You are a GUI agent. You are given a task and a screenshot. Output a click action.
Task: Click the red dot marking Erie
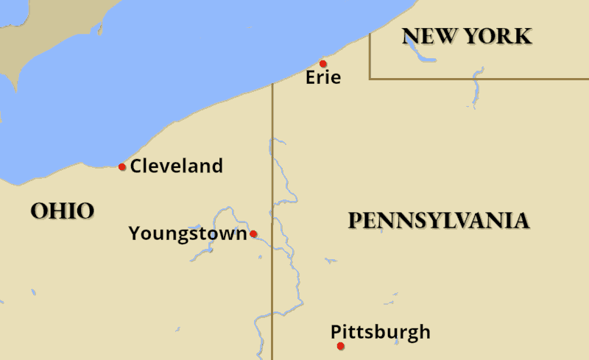(x=322, y=64)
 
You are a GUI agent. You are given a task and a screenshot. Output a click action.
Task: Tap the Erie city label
(x=323, y=77)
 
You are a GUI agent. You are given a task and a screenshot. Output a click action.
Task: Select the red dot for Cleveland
(x=122, y=167)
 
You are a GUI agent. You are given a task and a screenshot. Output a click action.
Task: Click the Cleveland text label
(x=176, y=166)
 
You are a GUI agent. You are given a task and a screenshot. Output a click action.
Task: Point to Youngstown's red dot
(x=253, y=234)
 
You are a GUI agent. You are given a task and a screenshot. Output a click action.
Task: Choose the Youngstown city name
(x=188, y=234)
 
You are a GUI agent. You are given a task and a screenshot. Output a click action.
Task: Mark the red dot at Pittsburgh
(x=340, y=346)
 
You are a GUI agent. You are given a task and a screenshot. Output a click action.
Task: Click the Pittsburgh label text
(x=380, y=332)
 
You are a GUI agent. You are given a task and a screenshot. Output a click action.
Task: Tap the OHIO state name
(x=63, y=211)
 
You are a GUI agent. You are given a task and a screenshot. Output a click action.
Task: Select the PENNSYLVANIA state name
(x=438, y=221)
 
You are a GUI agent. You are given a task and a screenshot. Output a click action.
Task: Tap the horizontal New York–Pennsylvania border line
(x=479, y=79)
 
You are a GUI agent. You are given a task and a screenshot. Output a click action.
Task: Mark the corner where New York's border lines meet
(x=370, y=79)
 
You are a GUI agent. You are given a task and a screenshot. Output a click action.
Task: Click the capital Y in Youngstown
(x=135, y=234)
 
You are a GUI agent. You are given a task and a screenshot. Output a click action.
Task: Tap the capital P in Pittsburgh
(x=336, y=332)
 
